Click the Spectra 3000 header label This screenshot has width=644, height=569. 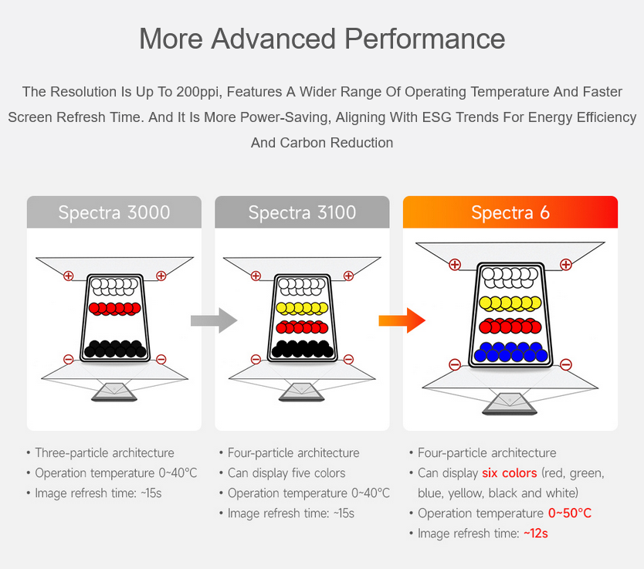114,212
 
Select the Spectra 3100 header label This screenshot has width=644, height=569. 302,212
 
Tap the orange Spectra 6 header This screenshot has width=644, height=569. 510,212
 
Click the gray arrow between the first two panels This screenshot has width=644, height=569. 214,320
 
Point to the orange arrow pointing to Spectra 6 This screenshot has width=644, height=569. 402,320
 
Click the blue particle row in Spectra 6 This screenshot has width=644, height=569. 511,352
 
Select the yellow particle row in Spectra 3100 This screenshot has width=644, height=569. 302,308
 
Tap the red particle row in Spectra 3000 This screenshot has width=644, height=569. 114,308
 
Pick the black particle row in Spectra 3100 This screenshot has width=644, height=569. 302,348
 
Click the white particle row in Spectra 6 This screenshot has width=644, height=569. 510,277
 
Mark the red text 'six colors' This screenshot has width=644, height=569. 510,473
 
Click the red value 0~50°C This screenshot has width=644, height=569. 570,513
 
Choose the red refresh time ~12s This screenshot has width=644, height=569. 536,533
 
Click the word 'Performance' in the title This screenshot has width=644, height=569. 425,39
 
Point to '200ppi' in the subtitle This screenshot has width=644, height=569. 198,92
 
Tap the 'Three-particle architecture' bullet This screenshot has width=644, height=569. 104,453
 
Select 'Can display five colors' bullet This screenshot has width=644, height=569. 286,473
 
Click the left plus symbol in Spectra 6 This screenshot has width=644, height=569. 455,264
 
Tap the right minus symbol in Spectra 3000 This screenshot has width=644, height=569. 161,359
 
